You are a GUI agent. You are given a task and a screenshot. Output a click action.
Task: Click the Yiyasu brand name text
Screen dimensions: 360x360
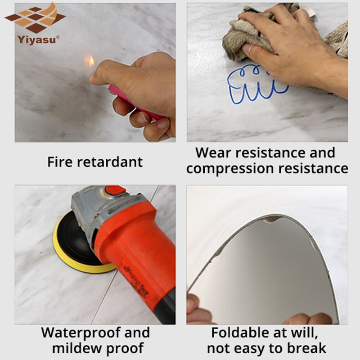pos(37,40)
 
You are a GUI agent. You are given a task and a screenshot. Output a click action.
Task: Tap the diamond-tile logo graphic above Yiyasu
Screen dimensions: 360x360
pos(36,18)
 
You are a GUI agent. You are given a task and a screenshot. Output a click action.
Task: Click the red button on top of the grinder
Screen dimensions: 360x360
pos(116,189)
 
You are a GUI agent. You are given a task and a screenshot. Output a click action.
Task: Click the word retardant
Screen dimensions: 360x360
pos(110,162)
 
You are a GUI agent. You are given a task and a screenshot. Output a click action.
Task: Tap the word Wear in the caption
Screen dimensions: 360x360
pos(213,153)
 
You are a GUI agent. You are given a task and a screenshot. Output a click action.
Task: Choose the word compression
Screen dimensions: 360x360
pos(230,169)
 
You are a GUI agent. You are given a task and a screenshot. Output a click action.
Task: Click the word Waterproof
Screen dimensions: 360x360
pos(81,333)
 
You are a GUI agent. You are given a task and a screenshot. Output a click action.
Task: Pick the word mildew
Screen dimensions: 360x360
pos(77,348)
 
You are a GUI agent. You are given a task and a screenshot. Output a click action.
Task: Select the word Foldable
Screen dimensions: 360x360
pos(240,333)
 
